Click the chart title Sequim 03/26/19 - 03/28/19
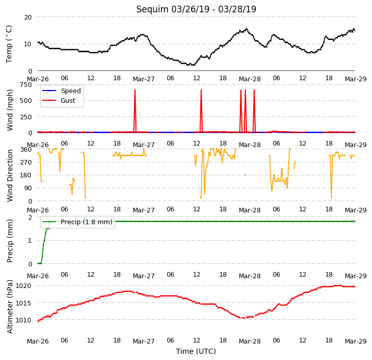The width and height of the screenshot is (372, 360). pos(196,9)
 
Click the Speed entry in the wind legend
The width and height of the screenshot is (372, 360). pos(61,91)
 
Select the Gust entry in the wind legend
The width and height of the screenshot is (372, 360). pos(59,101)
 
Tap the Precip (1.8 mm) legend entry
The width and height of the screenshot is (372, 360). pos(77,222)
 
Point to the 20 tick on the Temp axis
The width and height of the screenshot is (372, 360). pos(28,17)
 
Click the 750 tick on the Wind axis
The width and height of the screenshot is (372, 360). pos(26,85)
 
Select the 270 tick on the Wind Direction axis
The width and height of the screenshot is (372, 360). pos(26,163)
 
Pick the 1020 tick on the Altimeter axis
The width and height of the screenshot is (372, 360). pos(24,286)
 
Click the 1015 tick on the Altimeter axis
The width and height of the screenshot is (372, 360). pos(24,303)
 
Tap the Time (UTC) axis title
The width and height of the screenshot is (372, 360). pos(196,351)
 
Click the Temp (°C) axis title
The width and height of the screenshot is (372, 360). pos(9,44)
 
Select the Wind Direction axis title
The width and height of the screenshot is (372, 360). pos(9,175)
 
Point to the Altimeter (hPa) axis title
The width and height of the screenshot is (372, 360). pos(9,307)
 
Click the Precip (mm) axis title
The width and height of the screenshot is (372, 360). pos(9,241)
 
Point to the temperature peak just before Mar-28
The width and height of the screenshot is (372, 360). pos(247,29)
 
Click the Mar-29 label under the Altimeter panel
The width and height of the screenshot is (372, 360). pos(356,341)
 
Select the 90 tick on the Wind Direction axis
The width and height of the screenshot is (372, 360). pos(28,188)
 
